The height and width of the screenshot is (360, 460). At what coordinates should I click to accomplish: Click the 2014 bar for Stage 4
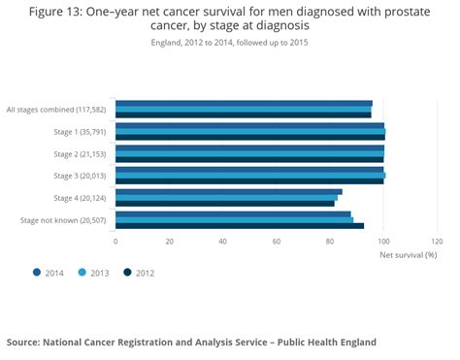click(x=228, y=191)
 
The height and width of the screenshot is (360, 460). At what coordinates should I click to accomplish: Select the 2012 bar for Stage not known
click(x=239, y=226)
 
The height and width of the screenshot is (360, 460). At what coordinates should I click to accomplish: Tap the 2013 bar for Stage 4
click(x=226, y=197)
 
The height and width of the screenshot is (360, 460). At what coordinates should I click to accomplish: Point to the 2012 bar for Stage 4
click(x=224, y=204)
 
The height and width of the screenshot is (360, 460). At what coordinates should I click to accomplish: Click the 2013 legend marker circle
click(x=82, y=273)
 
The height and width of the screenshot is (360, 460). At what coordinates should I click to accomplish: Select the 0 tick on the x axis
click(x=115, y=242)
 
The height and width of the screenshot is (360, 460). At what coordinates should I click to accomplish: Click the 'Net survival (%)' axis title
click(x=409, y=254)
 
